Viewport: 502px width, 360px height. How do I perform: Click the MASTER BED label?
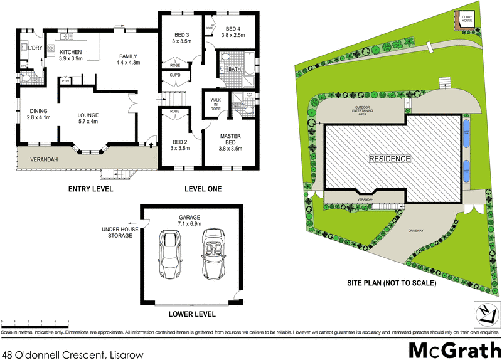(x=230, y=139)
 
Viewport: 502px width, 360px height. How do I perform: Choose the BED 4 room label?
(x=233, y=32)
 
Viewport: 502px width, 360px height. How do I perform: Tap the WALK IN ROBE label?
(x=215, y=103)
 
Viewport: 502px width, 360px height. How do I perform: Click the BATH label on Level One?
(x=235, y=69)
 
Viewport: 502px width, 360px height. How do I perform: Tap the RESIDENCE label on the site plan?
(x=389, y=159)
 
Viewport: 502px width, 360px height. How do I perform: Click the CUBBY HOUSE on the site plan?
(x=467, y=19)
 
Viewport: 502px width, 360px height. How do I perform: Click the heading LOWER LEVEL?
(x=193, y=314)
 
